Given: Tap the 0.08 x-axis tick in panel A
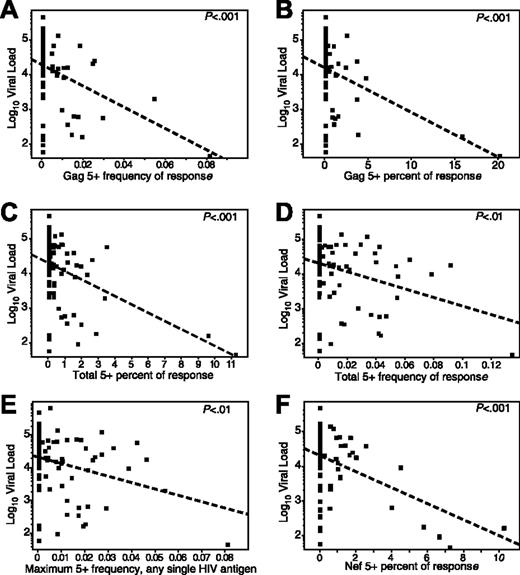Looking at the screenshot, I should click(x=206, y=164).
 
